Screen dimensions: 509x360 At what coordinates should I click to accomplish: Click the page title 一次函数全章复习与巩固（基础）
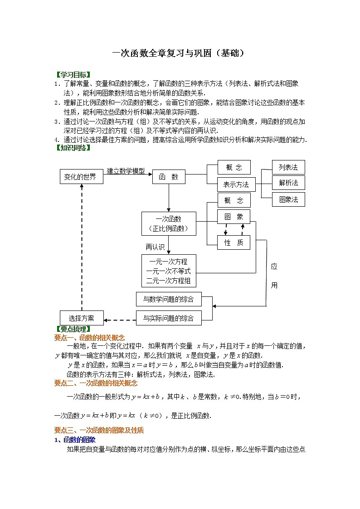[179, 53]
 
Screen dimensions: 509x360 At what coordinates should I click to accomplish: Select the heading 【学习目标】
[73, 75]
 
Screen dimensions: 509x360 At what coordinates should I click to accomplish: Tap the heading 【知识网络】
[73, 148]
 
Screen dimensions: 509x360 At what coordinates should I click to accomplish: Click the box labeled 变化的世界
[82, 177]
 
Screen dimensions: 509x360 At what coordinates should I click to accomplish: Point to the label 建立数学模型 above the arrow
[126, 171]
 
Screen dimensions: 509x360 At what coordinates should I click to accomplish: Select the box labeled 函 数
[169, 177]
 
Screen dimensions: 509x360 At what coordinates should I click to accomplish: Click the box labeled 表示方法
[236, 184]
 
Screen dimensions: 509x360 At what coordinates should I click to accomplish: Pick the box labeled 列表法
[288, 167]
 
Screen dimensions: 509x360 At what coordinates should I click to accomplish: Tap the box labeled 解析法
[288, 183]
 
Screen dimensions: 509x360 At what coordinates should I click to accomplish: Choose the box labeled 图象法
[288, 199]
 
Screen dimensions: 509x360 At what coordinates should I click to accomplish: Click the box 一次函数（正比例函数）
[169, 223]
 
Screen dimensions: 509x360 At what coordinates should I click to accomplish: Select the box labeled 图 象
[234, 217]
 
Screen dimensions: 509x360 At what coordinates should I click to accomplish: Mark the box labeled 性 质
[234, 242]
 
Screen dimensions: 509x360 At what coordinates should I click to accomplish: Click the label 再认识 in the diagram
[155, 247]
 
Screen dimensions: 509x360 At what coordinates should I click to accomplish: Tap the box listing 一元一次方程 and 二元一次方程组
[169, 271]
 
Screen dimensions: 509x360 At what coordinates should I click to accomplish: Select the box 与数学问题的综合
[169, 299]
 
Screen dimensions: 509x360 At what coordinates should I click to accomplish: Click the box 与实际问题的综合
[169, 319]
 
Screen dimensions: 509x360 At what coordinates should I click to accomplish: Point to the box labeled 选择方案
[82, 318]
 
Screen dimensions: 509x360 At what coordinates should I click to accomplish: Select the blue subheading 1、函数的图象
[75, 440]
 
